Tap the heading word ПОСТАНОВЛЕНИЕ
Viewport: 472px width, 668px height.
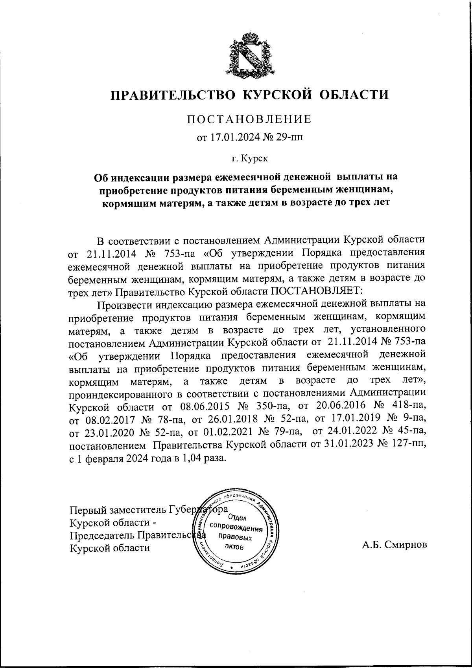[x=249, y=119]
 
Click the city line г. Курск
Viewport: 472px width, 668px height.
[x=249, y=159]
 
